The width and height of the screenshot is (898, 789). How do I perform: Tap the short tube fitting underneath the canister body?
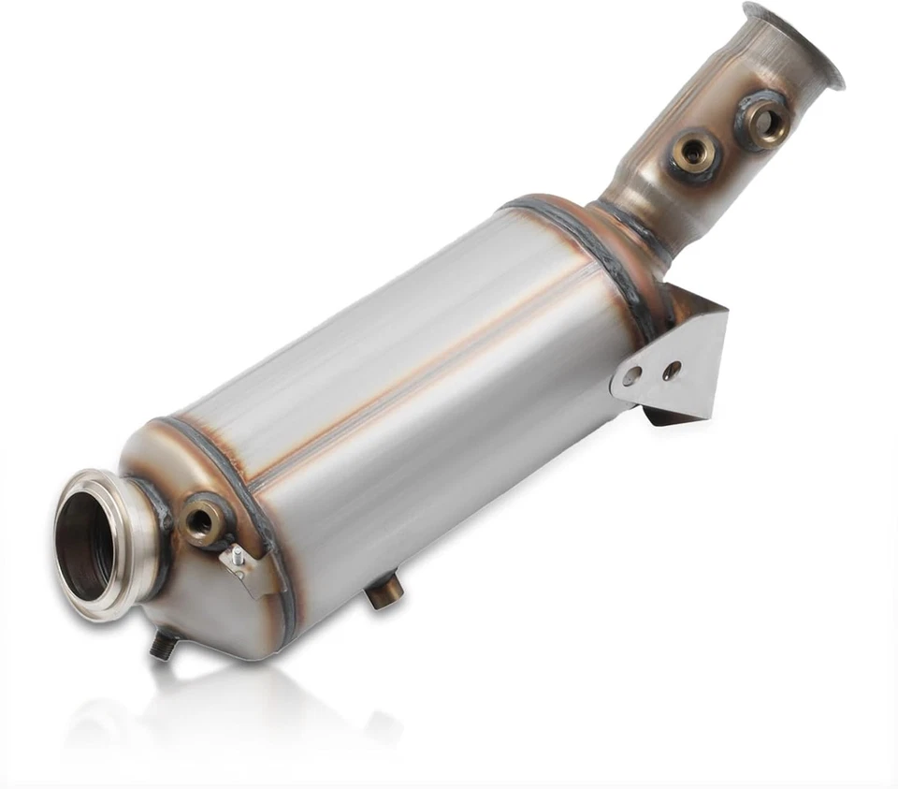point(384,591)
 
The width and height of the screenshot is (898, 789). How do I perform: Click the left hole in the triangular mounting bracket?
point(633,376)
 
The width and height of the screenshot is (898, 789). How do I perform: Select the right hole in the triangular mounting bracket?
point(671,371)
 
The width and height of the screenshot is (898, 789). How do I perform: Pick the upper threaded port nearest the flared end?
point(765,121)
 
